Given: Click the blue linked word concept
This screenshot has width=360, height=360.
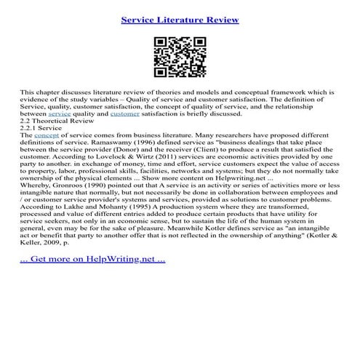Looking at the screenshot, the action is pyautogui.click(x=48, y=135).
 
